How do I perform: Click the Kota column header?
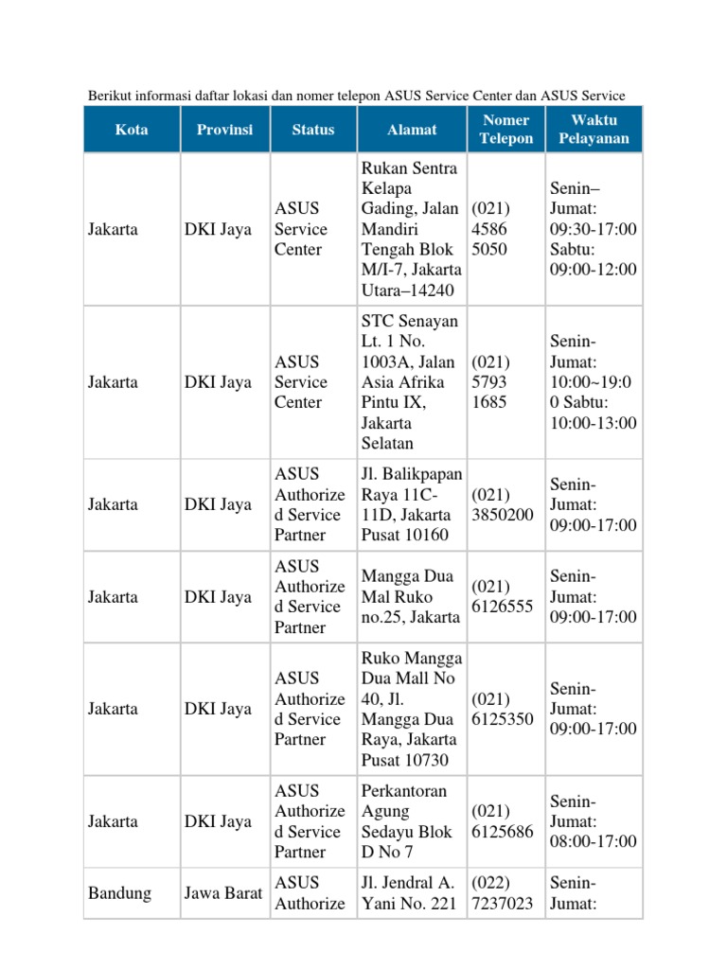(132, 130)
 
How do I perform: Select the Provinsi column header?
(224, 130)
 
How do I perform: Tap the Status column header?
(312, 130)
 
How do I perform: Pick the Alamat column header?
(412, 130)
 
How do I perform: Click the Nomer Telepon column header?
(506, 130)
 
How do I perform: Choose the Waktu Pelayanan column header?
(594, 130)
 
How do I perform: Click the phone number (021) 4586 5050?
(491, 229)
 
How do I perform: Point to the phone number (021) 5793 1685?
(491, 382)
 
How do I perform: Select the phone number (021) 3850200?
(503, 504)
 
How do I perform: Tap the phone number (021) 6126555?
(503, 597)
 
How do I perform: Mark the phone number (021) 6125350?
(503, 709)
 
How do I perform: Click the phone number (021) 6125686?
(503, 821)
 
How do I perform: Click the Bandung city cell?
(119, 893)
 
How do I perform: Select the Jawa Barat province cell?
(223, 893)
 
